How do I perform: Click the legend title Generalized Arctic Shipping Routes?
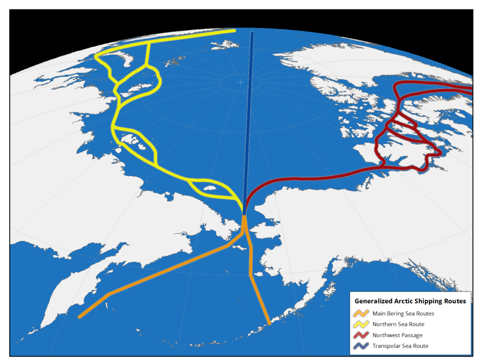[x=410, y=301]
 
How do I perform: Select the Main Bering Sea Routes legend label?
[x=403, y=313]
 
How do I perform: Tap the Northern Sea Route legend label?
[x=398, y=324]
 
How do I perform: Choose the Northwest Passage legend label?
[x=397, y=335]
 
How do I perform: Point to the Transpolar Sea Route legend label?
[x=400, y=346]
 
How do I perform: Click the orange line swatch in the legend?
[x=361, y=313]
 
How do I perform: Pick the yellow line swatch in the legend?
[x=361, y=324]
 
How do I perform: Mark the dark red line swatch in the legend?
[x=361, y=335]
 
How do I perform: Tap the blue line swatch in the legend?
[x=361, y=346]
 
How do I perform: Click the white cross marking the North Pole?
[x=241, y=82]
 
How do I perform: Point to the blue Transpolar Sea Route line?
[x=249, y=122]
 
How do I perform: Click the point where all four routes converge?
[x=244, y=214]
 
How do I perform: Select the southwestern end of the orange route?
[x=80, y=317]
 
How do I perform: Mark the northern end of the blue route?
[x=253, y=33]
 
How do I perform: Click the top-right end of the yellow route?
[x=234, y=31]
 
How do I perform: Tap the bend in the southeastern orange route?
[x=250, y=276]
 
